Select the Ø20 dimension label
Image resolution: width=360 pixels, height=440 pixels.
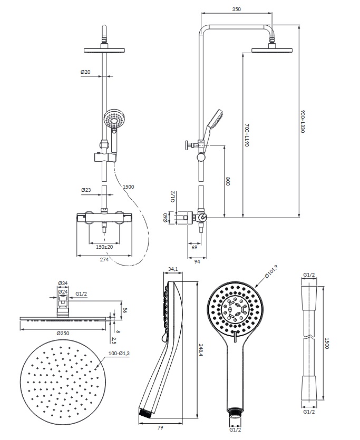click(x=85, y=71)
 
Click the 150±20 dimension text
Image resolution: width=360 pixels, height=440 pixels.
click(x=104, y=247)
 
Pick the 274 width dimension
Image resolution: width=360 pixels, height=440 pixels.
click(x=104, y=260)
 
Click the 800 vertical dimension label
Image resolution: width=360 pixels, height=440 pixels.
click(x=228, y=182)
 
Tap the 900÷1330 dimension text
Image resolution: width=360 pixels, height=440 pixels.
click(x=303, y=121)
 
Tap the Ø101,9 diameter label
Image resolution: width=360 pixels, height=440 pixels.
click(x=271, y=272)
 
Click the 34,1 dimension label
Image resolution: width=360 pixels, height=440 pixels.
click(x=172, y=270)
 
